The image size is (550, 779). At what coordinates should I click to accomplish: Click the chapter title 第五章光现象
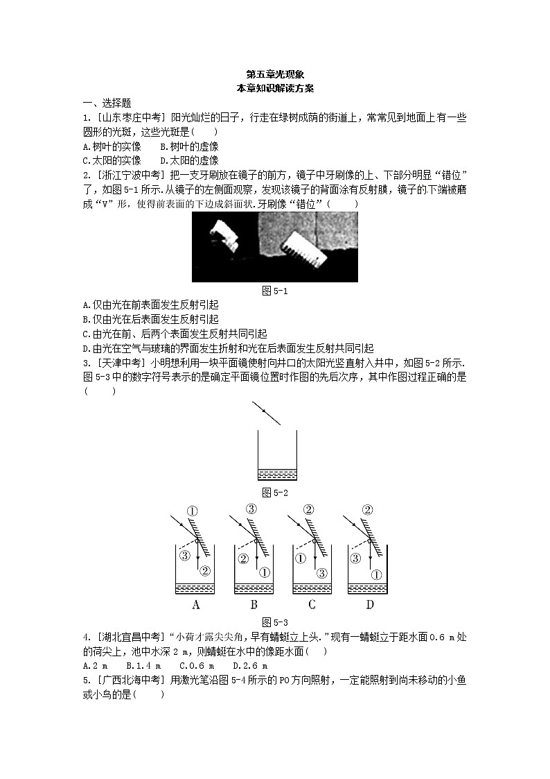pyautogui.click(x=275, y=74)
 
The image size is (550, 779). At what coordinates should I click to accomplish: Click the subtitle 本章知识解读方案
pyautogui.click(x=275, y=87)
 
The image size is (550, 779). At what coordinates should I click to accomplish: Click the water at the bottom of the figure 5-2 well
pyautogui.click(x=276, y=474)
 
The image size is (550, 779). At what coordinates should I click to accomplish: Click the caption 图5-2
pyautogui.click(x=275, y=493)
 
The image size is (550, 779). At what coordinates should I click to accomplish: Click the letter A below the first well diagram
pyautogui.click(x=195, y=605)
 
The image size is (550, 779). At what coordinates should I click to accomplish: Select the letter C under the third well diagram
pyautogui.click(x=312, y=605)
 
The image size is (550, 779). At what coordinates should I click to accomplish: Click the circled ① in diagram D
pyautogui.click(x=375, y=574)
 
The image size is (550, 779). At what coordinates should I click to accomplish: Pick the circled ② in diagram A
pyautogui.click(x=205, y=570)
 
